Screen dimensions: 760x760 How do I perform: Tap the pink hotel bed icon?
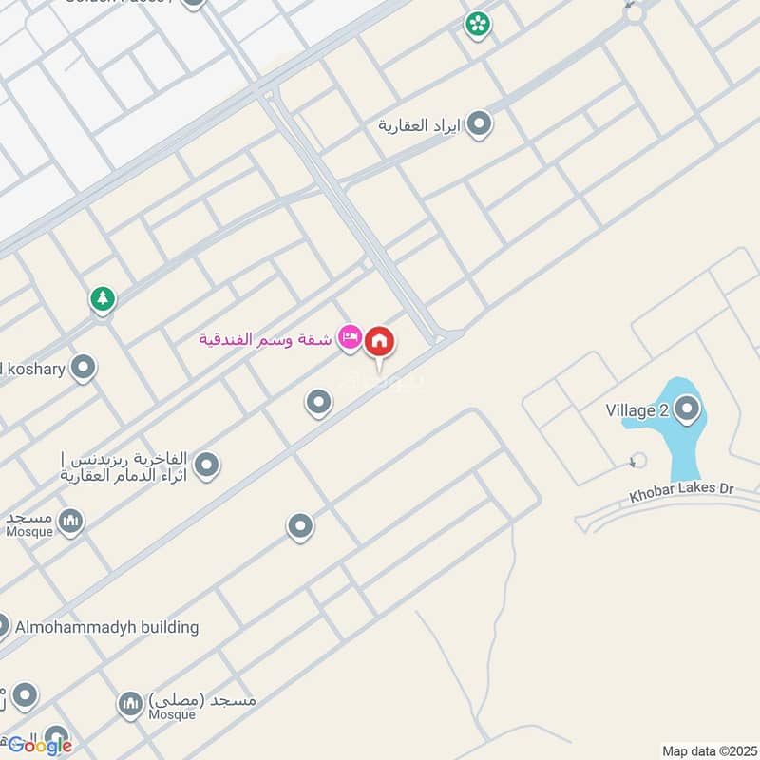(x=351, y=338)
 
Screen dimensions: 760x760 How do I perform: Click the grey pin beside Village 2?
(x=687, y=410)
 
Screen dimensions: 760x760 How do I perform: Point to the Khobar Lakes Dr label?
(x=681, y=492)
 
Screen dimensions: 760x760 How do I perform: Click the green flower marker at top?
(x=477, y=24)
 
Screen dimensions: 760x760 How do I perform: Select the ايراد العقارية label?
(x=422, y=124)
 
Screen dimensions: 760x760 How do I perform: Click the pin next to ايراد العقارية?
(x=480, y=123)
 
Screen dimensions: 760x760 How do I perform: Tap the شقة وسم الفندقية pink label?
(x=265, y=339)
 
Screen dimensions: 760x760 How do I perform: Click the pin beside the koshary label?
(x=84, y=368)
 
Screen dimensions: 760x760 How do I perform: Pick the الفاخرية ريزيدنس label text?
(x=123, y=465)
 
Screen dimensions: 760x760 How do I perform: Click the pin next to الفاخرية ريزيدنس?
(x=206, y=465)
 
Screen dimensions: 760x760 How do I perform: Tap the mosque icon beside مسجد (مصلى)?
(x=129, y=704)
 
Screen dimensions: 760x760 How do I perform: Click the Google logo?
(x=40, y=746)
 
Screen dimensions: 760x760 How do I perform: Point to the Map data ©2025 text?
(x=707, y=750)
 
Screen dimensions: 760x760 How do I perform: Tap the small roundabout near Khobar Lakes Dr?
(x=637, y=461)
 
